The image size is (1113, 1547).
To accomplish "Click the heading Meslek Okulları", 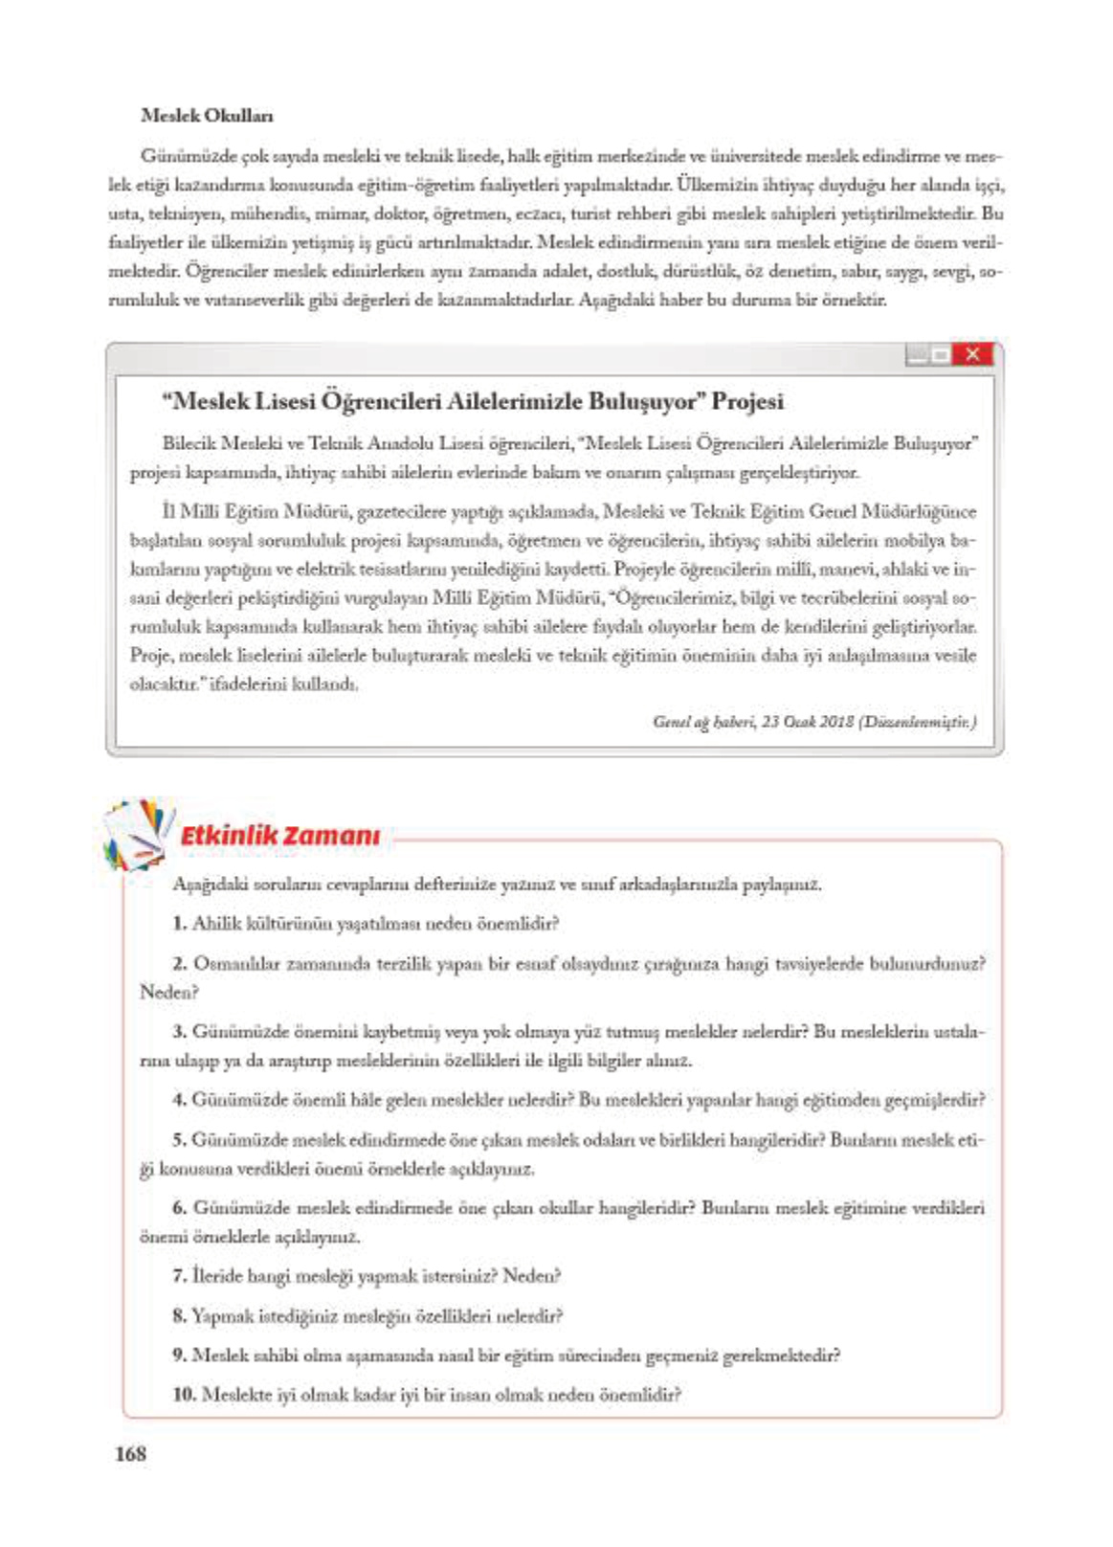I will [x=206, y=116].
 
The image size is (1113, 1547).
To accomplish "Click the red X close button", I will [x=972, y=354].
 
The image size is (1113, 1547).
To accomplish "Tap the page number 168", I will [x=130, y=1453].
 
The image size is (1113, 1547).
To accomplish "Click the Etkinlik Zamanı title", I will [x=279, y=836].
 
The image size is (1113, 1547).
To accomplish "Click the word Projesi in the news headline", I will [x=747, y=401].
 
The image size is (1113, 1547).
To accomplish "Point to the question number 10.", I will [x=184, y=1395].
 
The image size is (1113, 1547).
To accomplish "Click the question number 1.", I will [x=179, y=924].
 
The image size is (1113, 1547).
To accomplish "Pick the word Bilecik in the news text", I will [x=189, y=443].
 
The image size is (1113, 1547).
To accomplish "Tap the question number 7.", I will [x=179, y=1276].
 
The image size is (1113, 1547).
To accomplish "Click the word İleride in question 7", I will [x=217, y=1276].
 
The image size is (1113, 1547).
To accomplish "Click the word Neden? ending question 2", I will [x=168, y=992].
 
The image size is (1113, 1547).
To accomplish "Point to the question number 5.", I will [x=179, y=1139].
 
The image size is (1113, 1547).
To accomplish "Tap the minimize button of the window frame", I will [x=917, y=355].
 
